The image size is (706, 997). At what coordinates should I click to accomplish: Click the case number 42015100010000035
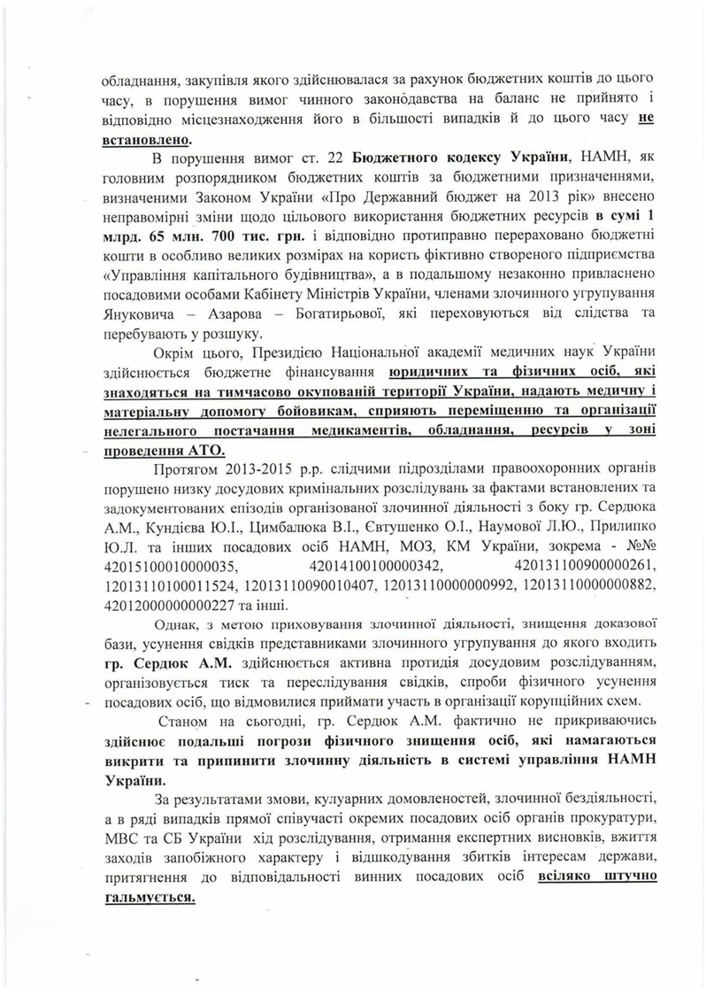click(x=162, y=563)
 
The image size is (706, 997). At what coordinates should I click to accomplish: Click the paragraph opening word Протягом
click(x=182, y=469)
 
